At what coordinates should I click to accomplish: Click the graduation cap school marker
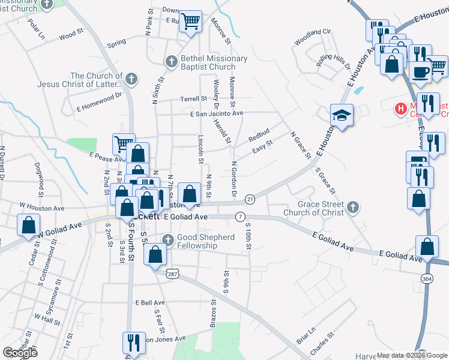click(341, 115)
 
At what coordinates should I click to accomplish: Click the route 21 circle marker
click(250, 199)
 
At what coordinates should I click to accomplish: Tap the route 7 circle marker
click(240, 216)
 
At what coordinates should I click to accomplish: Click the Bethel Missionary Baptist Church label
click(214, 62)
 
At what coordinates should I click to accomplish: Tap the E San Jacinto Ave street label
click(217, 113)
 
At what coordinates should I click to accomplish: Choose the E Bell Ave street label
click(150, 303)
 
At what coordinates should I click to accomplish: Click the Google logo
click(20, 353)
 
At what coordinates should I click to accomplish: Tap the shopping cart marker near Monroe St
click(191, 23)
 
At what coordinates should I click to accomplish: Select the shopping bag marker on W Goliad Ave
click(29, 226)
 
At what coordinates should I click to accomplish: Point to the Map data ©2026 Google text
click(411, 355)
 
